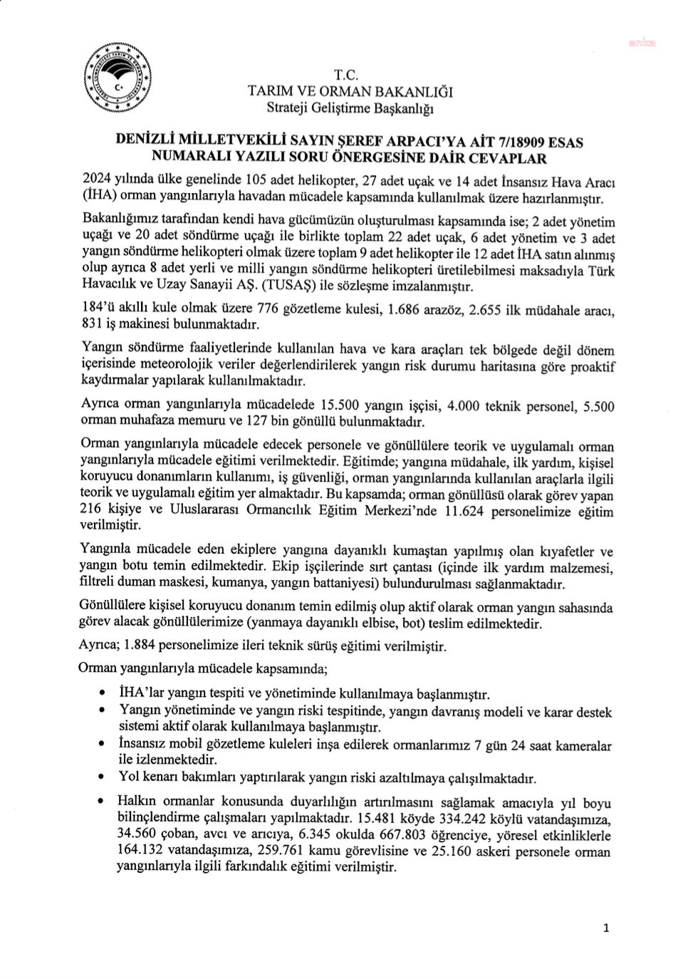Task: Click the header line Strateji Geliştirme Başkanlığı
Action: [x=350, y=108]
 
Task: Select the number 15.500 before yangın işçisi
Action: [x=339, y=405]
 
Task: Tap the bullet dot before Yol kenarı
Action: [x=104, y=777]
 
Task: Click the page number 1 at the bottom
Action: [x=606, y=928]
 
